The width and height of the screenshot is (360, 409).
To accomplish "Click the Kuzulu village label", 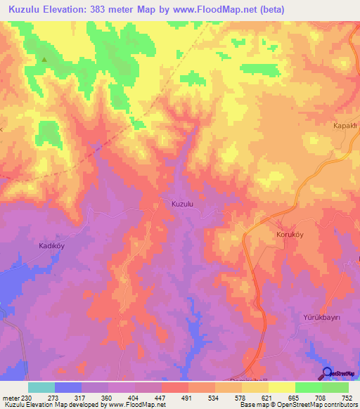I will pyautogui.click(x=182, y=204).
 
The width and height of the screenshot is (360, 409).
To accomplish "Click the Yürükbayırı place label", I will pyautogui.click(x=321, y=318).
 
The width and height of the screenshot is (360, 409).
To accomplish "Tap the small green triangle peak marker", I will pyautogui.click(x=44, y=60).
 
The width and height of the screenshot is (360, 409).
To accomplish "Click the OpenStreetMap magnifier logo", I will pyautogui.click(x=327, y=373).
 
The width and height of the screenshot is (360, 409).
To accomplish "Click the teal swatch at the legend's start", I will pyautogui.click(x=41, y=387).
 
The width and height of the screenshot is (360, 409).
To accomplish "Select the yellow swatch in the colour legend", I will pyautogui.click(x=282, y=387).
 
